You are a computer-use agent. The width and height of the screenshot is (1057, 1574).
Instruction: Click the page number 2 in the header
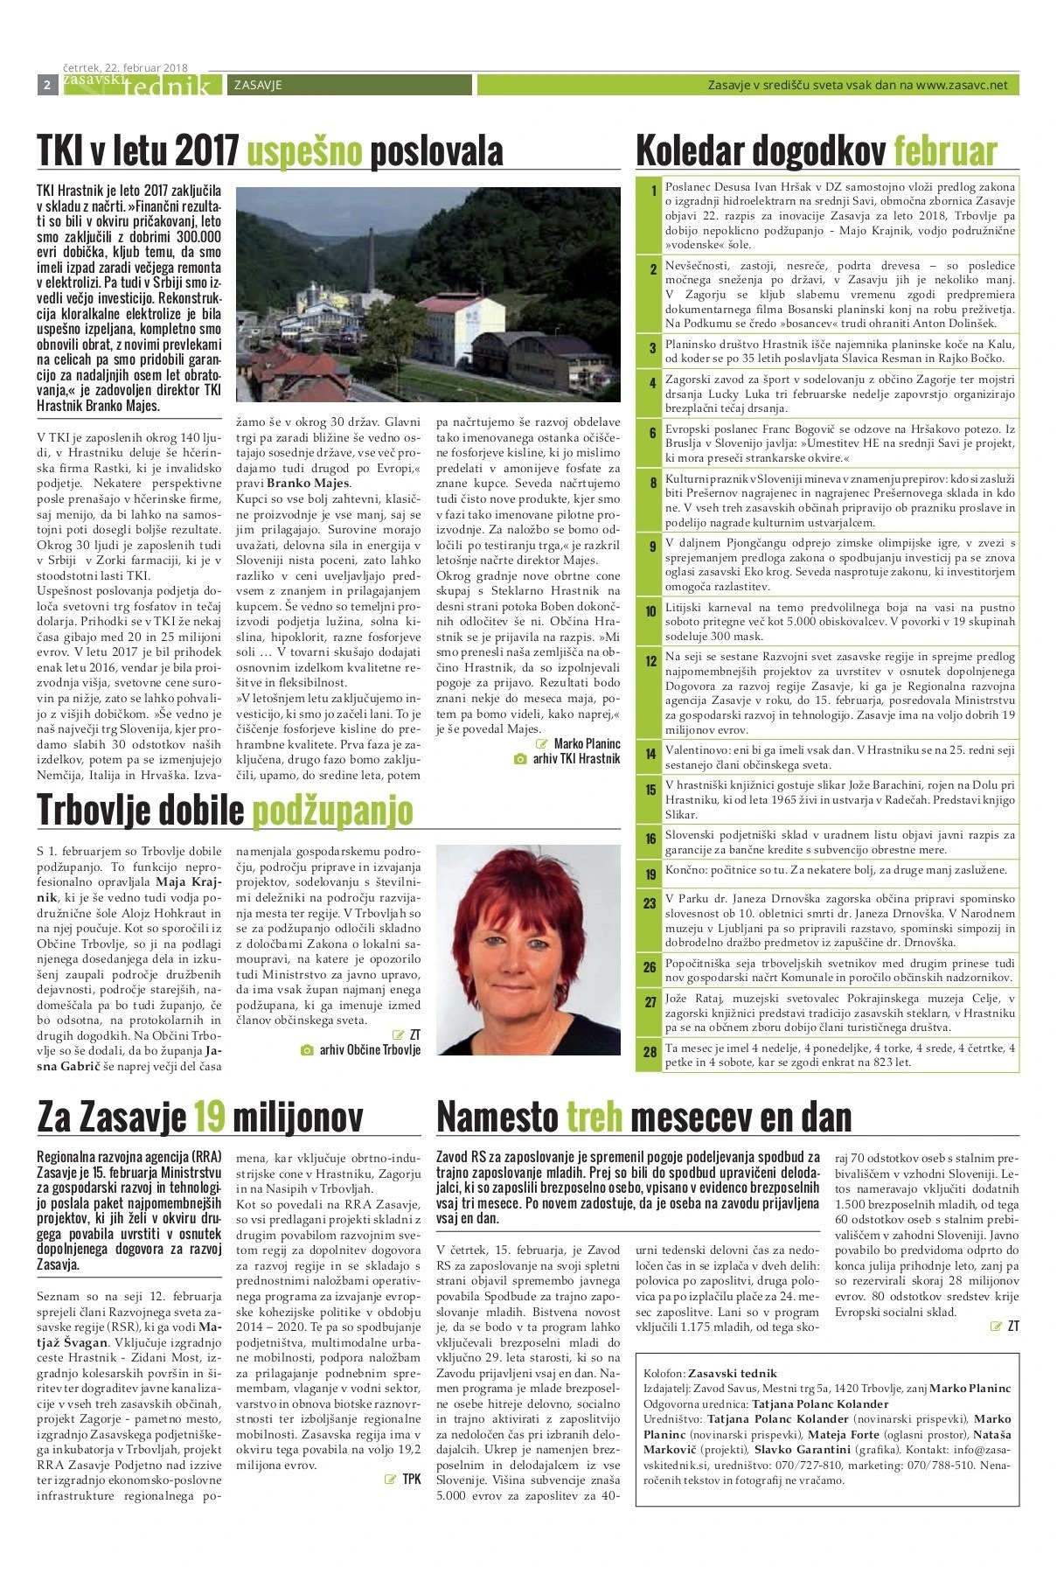pyautogui.click(x=45, y=85)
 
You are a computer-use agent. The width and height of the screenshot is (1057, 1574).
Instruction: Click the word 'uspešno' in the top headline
pyautogui.click(x=303, y=151)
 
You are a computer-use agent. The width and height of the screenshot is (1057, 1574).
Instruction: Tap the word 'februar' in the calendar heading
pyautogui.click(x=945, y=151)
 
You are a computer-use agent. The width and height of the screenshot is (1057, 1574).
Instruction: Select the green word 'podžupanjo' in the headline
pyautogui.click(x=332, y=811)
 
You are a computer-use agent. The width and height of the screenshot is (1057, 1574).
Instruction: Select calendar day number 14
pyautogui.click(x=651, y=753)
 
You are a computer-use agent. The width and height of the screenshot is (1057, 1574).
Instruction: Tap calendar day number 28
pyautogui.click(x=650, y=1052)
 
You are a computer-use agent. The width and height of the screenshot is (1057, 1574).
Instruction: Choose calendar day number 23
pyautogui.click(x=650, y=903)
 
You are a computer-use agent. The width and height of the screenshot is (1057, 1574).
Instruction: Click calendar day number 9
pyautogui.click(x=651, y=547)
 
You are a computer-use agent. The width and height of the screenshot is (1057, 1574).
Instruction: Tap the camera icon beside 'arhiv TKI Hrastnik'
pyautogui.click(x=520, y=759)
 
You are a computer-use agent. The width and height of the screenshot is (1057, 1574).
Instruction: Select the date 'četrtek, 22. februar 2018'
pyautogui.click(x=126, y=66)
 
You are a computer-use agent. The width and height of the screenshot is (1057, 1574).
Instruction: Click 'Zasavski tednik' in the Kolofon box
pyautogui.click(x=732, y=1374)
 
